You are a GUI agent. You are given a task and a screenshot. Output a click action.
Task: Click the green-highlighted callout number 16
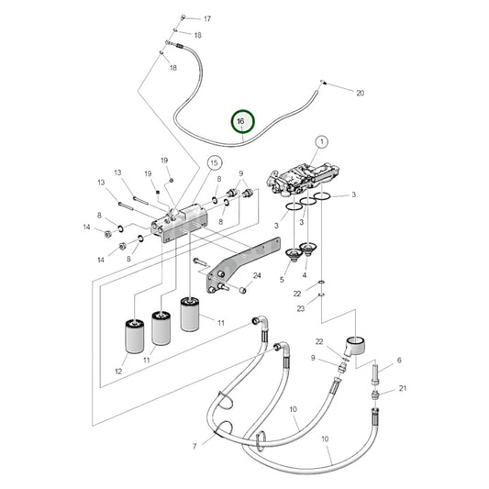242,121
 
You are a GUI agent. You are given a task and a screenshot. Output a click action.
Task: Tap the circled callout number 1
322,142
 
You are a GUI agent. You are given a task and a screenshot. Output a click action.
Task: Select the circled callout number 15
214,162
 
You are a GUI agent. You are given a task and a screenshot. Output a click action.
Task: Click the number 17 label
207,19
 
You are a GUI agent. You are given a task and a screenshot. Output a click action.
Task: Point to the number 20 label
361,93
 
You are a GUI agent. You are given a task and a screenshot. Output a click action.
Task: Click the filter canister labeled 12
135,336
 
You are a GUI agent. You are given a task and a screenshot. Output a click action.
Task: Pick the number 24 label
257,275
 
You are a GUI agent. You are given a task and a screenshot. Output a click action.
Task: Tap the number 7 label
194,447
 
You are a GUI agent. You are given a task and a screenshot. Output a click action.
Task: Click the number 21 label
403,388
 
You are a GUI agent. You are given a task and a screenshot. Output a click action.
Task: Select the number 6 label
399,361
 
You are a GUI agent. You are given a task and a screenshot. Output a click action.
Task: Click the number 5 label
282,280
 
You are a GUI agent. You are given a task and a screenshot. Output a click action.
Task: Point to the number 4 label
305,275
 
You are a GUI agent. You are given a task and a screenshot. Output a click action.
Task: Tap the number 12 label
118,372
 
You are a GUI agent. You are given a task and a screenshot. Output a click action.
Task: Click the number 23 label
300,308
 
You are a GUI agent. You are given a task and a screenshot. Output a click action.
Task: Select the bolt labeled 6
375,375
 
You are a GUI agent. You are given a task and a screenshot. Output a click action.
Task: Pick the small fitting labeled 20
323,83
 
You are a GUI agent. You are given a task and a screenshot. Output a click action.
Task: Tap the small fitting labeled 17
183,17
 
